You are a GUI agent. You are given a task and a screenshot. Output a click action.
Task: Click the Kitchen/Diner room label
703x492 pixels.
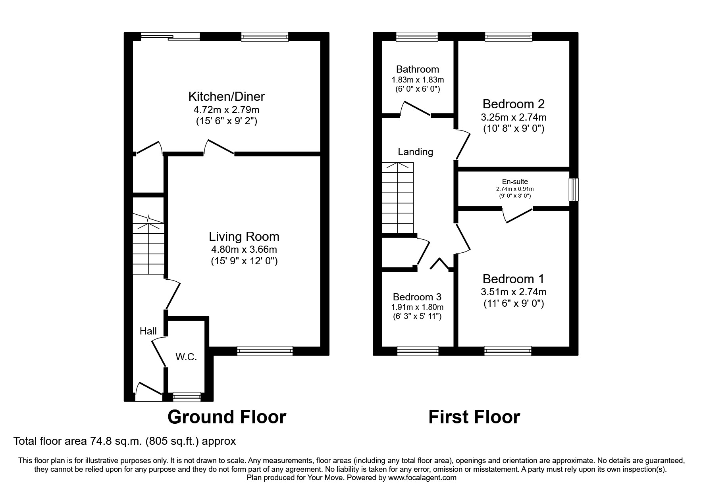coord(226,96)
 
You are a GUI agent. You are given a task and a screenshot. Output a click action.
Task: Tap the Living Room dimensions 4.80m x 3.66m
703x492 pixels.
coord(244,250)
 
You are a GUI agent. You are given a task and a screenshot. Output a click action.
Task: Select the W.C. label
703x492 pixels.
coord(186,357)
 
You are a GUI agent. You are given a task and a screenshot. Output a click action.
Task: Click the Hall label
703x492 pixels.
coord(148,331)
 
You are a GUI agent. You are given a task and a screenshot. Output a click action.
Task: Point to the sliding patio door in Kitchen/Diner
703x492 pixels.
coord(171,37)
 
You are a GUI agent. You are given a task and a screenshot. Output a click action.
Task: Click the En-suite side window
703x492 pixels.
coord(573,190)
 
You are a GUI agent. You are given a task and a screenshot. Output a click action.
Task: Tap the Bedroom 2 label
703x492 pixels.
coord(513,104)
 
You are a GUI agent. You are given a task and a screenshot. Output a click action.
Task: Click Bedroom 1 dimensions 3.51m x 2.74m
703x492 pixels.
coord(513,292)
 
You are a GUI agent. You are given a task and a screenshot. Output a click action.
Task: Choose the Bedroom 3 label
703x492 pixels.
coord(417,297)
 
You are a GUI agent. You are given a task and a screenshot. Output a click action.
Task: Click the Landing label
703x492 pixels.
coord(415,152)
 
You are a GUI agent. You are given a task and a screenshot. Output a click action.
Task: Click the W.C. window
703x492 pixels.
coord(187,396)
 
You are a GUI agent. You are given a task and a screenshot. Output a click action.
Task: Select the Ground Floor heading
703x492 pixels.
coord(227,417)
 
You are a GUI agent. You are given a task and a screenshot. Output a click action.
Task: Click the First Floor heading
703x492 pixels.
coord(474,417)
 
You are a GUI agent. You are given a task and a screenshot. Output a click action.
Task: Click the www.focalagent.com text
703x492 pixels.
coord(422,478)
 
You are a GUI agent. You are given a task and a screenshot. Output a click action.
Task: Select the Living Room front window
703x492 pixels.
coord(265,350)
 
